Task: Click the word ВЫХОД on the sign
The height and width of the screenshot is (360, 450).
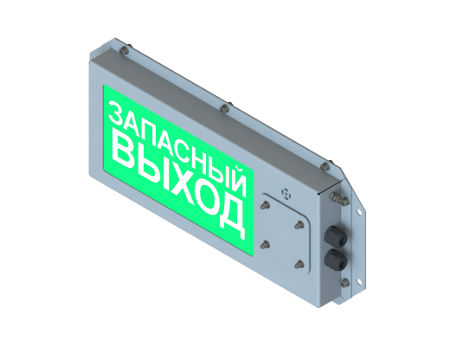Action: [177, 183]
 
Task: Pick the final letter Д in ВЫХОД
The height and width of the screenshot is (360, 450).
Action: [230, 215]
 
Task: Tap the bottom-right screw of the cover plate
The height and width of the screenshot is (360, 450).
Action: [299, 263]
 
